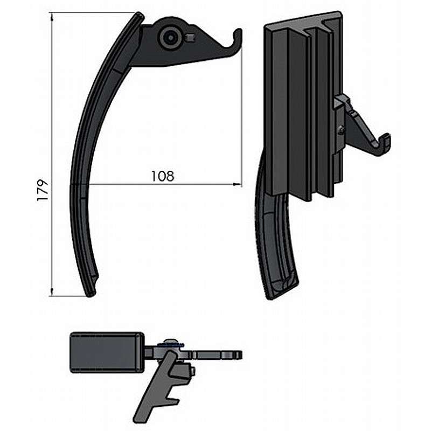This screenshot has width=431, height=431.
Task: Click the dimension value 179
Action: [43, 191]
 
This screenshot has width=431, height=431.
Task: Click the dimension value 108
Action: [163, 176]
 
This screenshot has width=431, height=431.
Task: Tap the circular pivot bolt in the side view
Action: [170, 38]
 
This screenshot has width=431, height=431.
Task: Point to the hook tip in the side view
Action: [239, 31]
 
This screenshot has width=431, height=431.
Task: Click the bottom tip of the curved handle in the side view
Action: [90, 295]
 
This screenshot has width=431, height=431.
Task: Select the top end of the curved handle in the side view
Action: [140, 15]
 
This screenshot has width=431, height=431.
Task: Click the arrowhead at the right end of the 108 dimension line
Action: [237, 184]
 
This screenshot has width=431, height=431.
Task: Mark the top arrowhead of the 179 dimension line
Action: [52, 17]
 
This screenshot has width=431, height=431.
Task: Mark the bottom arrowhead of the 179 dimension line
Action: [52, 292]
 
